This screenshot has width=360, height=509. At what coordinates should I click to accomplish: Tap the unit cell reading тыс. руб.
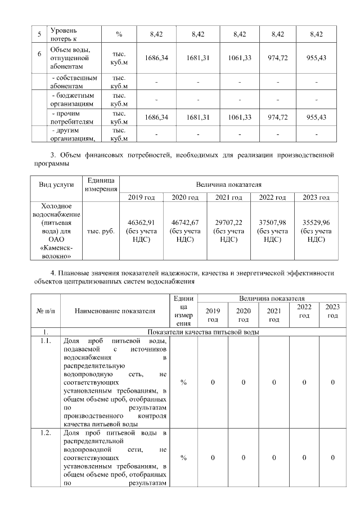click(101, 231)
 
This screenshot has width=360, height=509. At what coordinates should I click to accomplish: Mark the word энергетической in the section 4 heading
click(253, 273)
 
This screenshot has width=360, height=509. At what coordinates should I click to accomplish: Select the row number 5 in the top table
click(39, 34)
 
